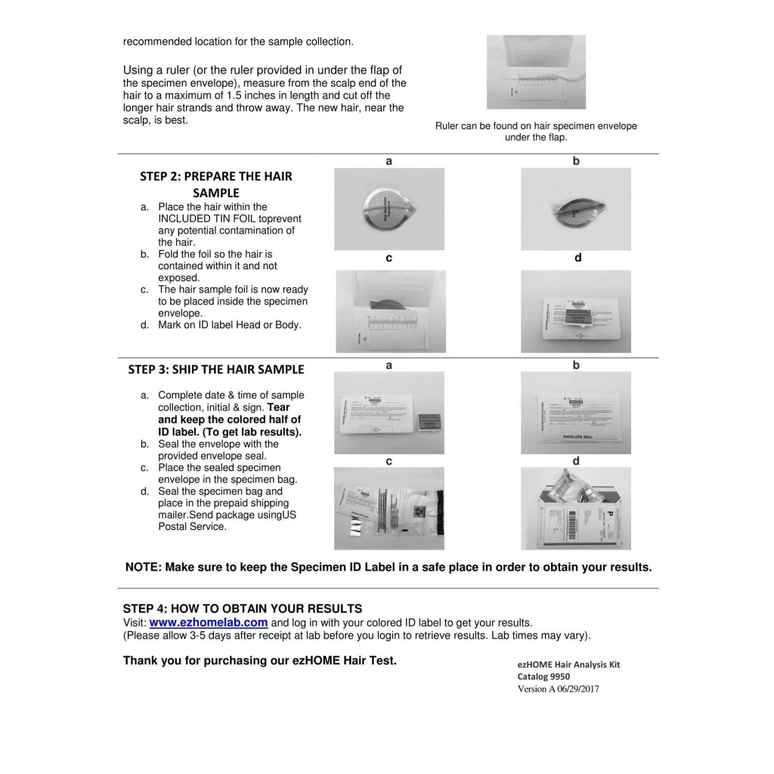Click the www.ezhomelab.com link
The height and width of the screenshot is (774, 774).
click(x=209, y=623)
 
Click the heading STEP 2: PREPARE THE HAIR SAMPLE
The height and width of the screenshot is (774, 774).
click(x=215, y=184)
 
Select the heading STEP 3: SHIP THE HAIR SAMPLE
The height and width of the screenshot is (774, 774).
click(x=216, y=369)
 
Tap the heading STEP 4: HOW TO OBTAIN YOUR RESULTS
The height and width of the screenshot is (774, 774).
click(x=243, y=608)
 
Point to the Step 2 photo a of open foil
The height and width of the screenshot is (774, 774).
click(x=389, y=209)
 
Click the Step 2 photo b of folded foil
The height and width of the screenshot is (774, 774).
click(x=576, y=209)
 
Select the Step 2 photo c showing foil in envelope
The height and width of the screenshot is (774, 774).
click(x=389, y=311)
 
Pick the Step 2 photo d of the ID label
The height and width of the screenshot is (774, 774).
click(x=576, y=311)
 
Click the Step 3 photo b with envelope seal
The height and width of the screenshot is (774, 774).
click(x=576, y=413)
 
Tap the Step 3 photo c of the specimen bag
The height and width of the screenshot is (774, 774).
click(x=389, y=508)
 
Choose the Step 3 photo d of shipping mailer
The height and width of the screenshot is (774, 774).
click(x=576, y=508)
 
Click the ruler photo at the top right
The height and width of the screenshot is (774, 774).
click(x=536, y=72)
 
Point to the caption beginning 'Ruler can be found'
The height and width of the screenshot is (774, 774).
click(x=536, y=132)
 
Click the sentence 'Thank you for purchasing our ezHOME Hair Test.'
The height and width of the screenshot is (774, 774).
click(x=259, y=660)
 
